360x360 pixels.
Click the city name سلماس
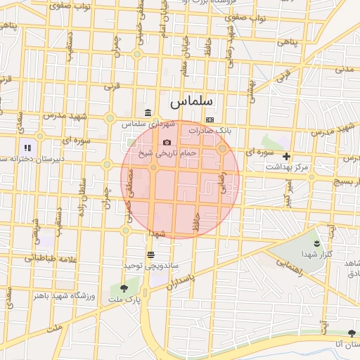coord(191,102)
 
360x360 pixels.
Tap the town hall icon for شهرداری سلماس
coord(147,113)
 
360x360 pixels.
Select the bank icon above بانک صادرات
coord(210,120)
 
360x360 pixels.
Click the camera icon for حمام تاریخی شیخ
coord(167,142)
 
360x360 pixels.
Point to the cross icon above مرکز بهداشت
coord(286,156)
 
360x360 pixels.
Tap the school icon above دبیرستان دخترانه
coord(27,148)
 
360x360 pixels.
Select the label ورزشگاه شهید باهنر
coord(64,295)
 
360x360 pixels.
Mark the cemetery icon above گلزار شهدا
coord(316,243)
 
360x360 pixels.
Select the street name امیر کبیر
coord(288,191)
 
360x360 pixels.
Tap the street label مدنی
coord(345,69)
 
